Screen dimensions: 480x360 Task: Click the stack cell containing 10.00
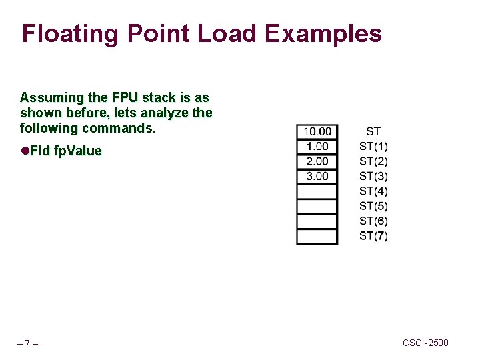pyautogui.click(x=317, y=131)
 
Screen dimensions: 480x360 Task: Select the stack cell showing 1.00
pyautogui.click(x=317, y=146)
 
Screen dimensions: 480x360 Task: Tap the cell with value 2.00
pyautogui.click(x=317, y=161)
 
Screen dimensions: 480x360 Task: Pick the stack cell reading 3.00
pyautogui.click(x=317, y=176)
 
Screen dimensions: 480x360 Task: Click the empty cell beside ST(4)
pyautogui.click(x=317, y=191)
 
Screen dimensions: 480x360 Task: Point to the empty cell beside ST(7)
pyautogui.click(x=317, y=236)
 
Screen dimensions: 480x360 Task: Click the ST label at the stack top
pyautogui.click(x=373, y=131)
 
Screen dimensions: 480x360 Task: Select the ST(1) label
pyautogui.click(x=373, y=146)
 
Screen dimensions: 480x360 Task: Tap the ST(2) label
pyautogui.click(x=373, y=161)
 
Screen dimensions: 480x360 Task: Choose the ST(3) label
pyautogui.click(x=373, y=176)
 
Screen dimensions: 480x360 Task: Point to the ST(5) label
pyautogui.click(x=373, y=206)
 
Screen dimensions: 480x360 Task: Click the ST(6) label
pyautogui.click(x=373, y=221)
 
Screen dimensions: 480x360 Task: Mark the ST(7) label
pyautogui.click(x=373, y=236)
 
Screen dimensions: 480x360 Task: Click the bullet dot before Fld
pyautogui.click(x=25, y=151)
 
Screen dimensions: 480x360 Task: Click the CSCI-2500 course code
pyautogui.click(x=425, y=343)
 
